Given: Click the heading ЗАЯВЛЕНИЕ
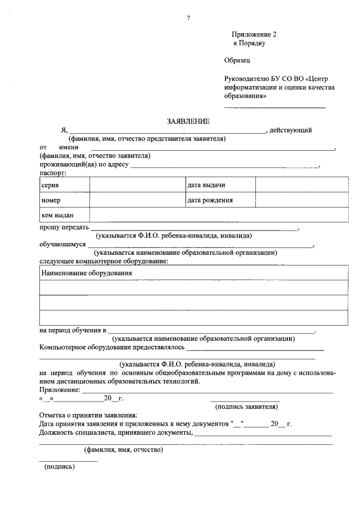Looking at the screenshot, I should [188, 121].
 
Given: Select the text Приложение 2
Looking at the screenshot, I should [254, 34].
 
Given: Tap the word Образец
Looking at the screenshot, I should [236, 60].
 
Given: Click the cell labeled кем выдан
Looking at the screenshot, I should [57, 215].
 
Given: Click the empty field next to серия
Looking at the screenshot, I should [137, 185].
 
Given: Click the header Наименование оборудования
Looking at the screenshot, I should [87, 273].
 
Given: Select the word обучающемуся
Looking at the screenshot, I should [62, 245].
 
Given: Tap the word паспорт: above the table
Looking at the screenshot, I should [53, 173].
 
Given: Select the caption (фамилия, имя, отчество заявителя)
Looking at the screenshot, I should [94, 156].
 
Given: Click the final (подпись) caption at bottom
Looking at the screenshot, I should [58, 466].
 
